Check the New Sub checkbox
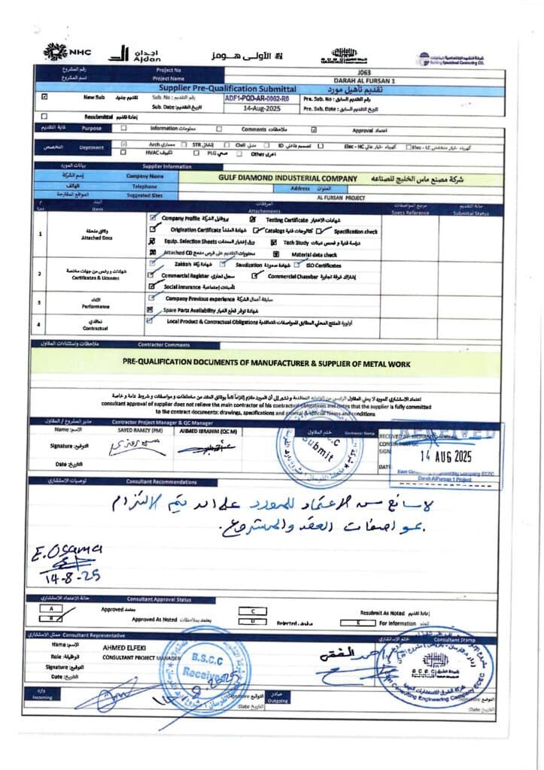44,97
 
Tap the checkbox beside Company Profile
153,217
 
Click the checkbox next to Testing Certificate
252,218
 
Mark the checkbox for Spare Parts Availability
150,310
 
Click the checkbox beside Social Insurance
151,286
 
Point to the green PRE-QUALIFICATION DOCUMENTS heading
266,363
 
